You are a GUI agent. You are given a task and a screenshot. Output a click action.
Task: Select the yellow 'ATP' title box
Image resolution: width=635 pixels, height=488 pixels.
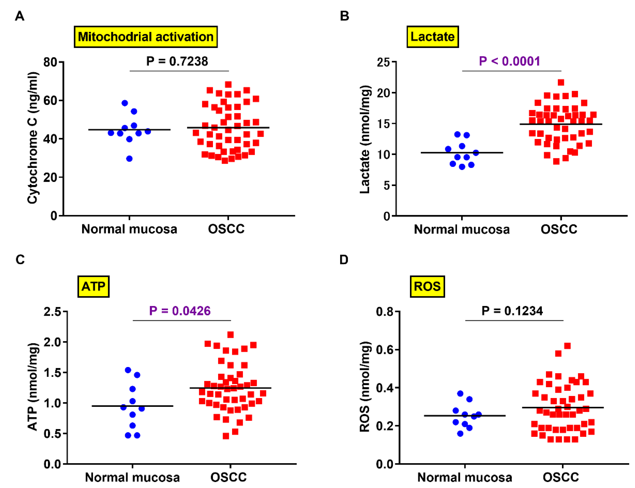pos(93,286)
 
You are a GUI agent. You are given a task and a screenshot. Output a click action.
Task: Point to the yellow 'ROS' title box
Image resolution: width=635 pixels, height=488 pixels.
pos(427,286)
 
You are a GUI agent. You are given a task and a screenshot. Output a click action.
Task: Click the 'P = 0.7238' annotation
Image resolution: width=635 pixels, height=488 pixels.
pos(177,61)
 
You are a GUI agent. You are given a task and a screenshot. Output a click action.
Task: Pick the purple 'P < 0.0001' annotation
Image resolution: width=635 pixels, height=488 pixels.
pos(509,61)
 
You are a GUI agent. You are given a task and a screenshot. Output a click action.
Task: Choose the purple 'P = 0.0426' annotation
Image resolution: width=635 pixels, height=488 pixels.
pos(180,311)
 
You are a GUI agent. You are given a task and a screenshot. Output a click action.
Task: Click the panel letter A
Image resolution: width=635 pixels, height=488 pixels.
pos(20,16)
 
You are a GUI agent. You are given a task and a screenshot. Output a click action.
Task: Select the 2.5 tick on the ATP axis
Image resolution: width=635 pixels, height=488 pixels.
pos(52,312)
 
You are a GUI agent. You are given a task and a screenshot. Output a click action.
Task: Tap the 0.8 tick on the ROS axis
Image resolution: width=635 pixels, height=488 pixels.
pos(384,312)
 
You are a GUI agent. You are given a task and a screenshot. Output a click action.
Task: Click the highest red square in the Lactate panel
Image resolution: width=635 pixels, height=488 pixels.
pos(561,82)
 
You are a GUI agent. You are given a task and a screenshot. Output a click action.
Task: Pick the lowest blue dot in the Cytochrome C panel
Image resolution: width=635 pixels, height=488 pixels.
pos(129,159)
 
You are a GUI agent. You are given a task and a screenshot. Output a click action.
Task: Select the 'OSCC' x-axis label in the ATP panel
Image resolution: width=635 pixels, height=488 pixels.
pos(228,477)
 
